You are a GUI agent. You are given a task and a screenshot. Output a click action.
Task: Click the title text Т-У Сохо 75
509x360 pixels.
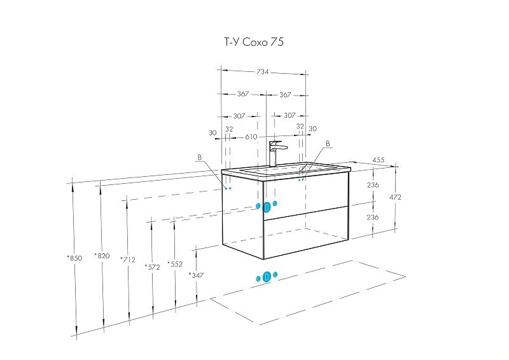254,42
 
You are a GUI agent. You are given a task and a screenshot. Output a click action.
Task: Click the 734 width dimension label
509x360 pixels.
263,72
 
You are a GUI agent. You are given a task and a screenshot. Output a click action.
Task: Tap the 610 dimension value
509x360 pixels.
251,137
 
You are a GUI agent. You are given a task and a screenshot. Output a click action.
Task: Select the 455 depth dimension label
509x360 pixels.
378,160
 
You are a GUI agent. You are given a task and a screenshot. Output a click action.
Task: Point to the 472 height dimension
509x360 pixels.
395,197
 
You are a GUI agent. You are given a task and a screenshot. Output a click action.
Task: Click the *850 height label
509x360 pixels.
74,258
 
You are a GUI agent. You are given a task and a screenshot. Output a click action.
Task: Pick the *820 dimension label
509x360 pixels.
102,256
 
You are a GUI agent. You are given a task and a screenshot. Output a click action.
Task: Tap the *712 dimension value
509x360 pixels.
128,260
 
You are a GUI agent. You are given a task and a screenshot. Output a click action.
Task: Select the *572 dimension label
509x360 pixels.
152,267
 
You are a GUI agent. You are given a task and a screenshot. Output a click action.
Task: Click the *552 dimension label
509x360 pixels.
175,264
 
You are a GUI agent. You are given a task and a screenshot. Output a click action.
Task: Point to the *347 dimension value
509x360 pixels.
197,275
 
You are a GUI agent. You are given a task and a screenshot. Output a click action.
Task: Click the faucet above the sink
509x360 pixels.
277,153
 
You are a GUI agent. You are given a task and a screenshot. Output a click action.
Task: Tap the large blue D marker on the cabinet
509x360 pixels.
267,207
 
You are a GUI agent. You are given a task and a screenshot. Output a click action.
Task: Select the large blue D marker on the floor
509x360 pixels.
267,277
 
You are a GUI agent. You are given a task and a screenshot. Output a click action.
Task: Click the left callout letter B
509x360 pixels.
200,158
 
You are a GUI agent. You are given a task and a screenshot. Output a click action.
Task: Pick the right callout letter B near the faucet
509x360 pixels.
328,144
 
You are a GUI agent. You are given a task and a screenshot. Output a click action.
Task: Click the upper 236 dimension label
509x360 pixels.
373,185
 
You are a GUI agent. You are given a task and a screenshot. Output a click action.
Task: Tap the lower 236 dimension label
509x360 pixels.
373,217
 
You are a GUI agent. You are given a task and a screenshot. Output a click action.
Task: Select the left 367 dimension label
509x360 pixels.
243,94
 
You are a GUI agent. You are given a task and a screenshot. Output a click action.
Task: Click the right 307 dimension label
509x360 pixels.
289,116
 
